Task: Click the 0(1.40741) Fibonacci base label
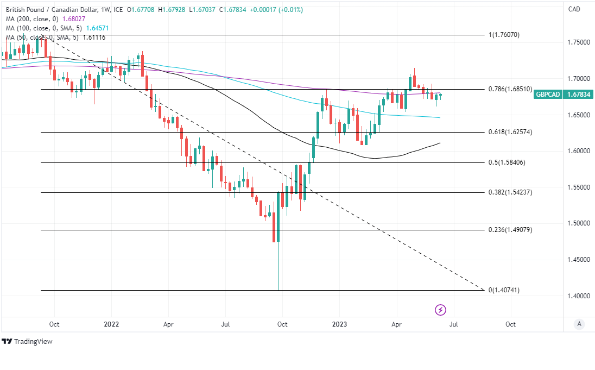click(x=504, y=290)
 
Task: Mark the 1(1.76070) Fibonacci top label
click(x=504, y=35)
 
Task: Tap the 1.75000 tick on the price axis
click(x=578, y=42)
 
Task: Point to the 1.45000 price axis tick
click(x=578, y=260)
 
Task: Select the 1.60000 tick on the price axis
click(x=578, y=151)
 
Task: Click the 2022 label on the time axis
click(x=111, y=324)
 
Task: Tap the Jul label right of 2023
click(x=453, y=324)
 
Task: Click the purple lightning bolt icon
click(x=441, y=310)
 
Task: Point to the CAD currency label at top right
click(x=574, y=9)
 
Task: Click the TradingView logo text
click(x=30, y=342)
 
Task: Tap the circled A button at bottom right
click(x=579, y=324)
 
